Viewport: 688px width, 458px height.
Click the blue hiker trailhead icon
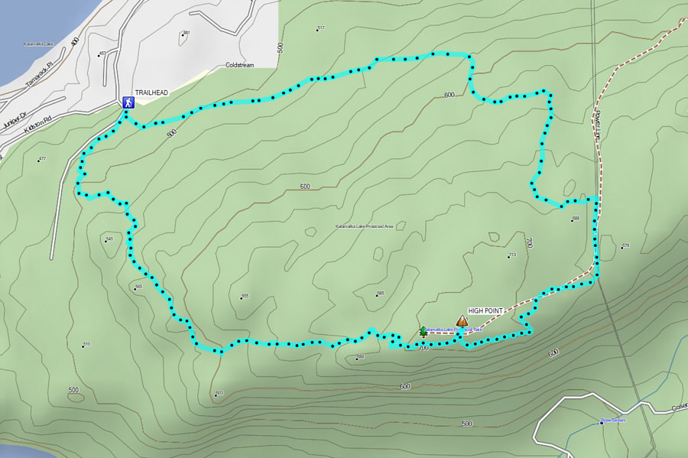tap(128, 102)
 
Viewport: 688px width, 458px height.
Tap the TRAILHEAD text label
tap(151, 93)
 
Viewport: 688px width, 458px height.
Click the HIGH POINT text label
tap(485, 311)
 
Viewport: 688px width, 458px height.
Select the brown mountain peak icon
tap(462, 321)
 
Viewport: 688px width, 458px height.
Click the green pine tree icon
tap(424, 331)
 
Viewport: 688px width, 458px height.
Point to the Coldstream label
tap(239, 65)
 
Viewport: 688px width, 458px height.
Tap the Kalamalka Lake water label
tap(38, 44)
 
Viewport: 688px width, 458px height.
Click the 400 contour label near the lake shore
tap(74, 42)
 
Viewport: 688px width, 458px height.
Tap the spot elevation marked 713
tap(511, 255)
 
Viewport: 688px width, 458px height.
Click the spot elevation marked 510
tap(86, 344)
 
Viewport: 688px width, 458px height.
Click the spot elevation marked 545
tap(109, 239)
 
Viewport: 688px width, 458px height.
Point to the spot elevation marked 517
tap(320, 28)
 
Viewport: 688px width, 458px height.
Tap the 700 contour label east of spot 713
tap(529, 242)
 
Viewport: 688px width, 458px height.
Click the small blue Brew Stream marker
tap(612, 420)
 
